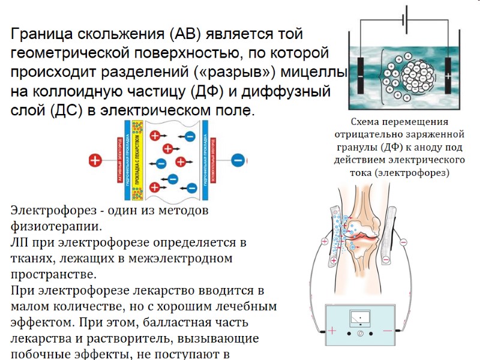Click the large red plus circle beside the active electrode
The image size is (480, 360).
click(x=94, y=160)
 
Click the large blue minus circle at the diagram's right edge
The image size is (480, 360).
click(x=238, y=160)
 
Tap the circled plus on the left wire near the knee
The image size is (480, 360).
click(x=325, y=242)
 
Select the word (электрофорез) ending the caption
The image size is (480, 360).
click(x=415, y=173)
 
